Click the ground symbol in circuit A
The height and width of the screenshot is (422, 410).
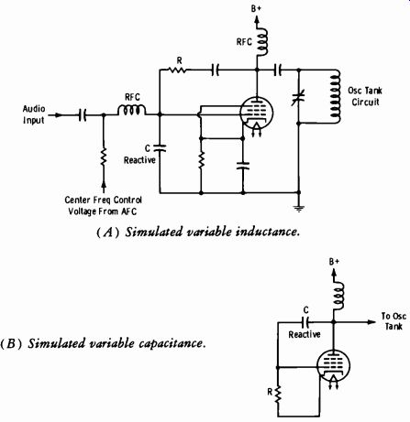299,209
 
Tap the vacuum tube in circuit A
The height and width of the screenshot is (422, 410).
256,114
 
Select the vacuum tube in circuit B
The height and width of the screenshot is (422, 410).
333,366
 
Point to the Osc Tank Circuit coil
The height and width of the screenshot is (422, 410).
335,97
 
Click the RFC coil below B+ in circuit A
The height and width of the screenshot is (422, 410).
262,42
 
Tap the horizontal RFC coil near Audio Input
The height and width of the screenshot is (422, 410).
132,110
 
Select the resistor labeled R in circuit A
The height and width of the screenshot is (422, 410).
177,70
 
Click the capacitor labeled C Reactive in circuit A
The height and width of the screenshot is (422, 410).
160,148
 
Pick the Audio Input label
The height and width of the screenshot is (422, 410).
34,114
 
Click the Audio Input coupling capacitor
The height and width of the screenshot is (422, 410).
83,115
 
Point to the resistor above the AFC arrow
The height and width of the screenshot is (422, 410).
104,157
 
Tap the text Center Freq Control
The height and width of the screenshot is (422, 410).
103,200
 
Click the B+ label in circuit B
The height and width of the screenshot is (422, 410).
334,262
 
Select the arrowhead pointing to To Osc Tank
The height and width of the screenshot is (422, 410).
371,322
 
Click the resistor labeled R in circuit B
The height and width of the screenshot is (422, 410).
278,395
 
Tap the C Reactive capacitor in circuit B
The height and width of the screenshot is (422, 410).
305,322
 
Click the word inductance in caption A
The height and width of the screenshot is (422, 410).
267,232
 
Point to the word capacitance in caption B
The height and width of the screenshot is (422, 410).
172,344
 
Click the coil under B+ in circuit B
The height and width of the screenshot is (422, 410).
339,297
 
